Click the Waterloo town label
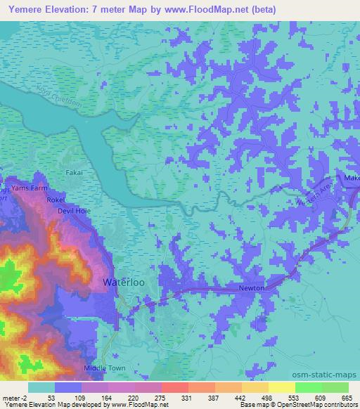click(x=124, y=282)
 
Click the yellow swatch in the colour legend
click(x=282, y=387)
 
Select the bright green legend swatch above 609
click(x=309, y=387)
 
